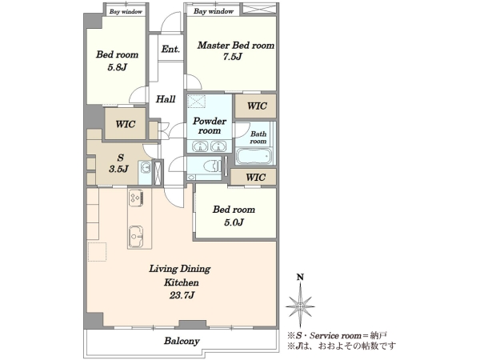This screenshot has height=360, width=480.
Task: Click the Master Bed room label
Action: pyautogui.click(x=236, y=46)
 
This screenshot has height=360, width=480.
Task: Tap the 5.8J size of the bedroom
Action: pyautogui.click(x=117, y=67)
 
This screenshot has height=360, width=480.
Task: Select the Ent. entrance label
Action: pyautogui.click(x=170, y=49)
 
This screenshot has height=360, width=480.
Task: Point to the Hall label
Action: pyautogui.click(x=166, y=99)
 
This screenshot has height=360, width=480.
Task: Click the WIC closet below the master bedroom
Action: pyautogui.click(x=257, y=106)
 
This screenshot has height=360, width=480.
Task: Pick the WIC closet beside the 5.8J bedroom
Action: pyautogui.click(x=126, y=124)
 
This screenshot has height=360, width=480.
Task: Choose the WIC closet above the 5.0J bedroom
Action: pyautogui.click(x=256, y=178)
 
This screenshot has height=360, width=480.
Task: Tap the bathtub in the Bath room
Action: pyautogui.click(x=254, y=157)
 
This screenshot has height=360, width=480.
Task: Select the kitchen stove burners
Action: pyautogui.click(x=136, y=198)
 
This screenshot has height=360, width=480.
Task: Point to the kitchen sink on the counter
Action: pyautogui.click(x=136, y=236)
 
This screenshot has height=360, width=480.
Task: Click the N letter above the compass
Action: pyautogui.click(x=300, y=278)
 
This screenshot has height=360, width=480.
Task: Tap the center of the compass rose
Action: pyautogui.click(x=300, y=306)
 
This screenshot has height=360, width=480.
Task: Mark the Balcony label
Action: pyautogui.click(x=182, y=341)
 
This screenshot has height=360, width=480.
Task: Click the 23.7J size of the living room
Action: pyautogui.click(x=182, y=295)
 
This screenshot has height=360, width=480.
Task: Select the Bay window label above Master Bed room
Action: pyautogui.click(x=214, y=11)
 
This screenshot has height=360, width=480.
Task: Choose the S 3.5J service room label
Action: pyautogui.click(x=119, y=163)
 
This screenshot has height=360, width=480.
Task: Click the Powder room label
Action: pyautogui.click(x=210, y=126)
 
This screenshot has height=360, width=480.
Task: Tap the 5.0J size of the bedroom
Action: pyautogui.click(x=234, y=222)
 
